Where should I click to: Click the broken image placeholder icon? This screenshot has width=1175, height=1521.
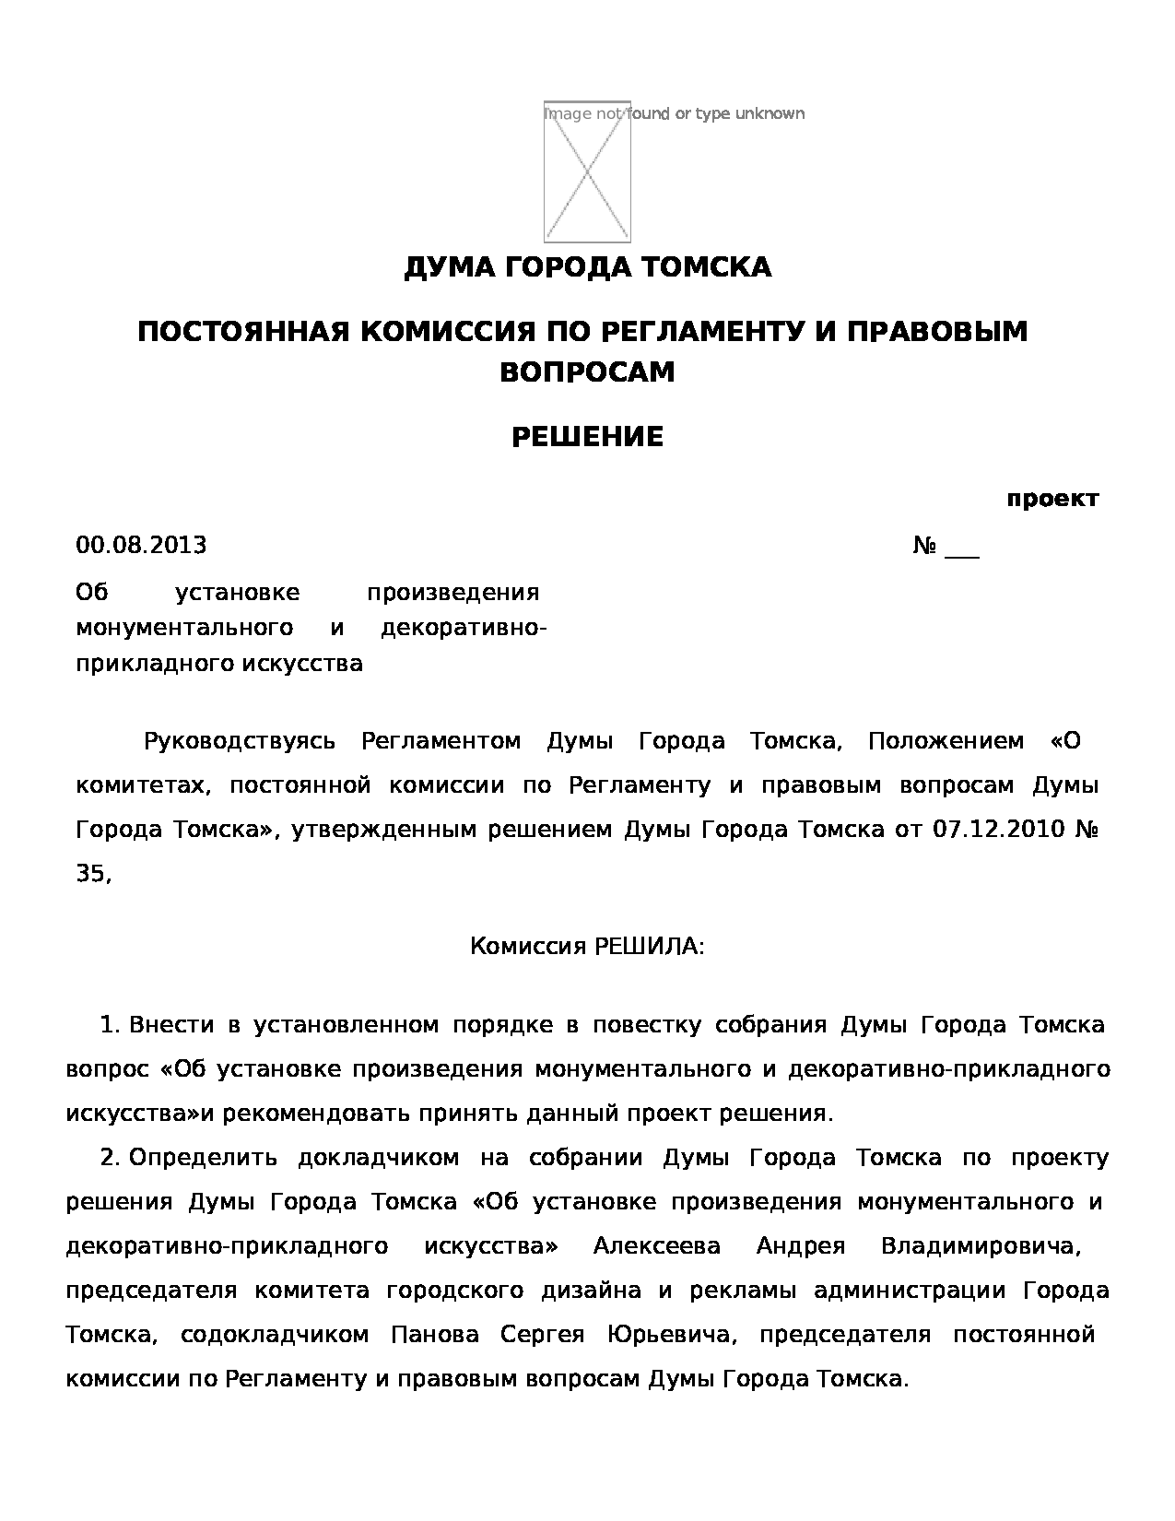(x=587, y=171)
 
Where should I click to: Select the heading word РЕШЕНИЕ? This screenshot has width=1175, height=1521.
(x=587, y=437)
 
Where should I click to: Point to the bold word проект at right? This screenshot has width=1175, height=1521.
(x=1052, y=500)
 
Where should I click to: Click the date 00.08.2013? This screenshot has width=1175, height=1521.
(x=141, y=546)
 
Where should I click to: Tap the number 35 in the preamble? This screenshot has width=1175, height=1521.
(x=91, y=874)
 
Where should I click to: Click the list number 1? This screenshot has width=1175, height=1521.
(x=110, y=1025)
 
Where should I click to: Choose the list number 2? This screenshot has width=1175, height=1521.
(x=110, y=1158)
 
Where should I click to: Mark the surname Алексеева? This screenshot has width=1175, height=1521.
(x=657, y=1246)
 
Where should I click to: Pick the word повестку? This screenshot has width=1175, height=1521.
(x=647, y=1025)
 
